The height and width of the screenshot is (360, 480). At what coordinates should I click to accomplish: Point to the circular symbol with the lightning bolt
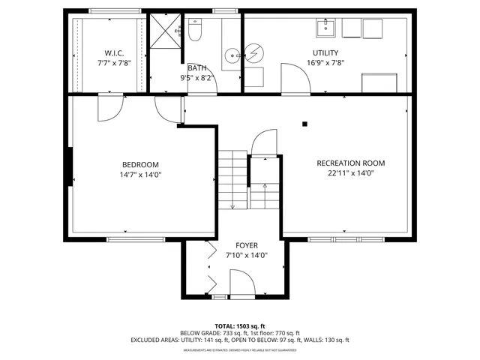pyautogui.click(x=255, y=54)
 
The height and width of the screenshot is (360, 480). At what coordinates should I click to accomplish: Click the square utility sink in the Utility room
pyautogui.click(x=326, y=28)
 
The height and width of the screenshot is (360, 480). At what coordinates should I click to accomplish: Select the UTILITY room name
pyautogui.click(x=325, y=53)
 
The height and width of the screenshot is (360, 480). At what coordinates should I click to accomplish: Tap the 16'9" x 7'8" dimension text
pyautogui.click(x=325, y=63)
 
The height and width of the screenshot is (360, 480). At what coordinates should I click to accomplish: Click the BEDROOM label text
pyautogui.click(x=140, y=165)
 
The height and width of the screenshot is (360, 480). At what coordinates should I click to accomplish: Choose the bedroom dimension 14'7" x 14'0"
pyautogui.click(x=140, y=175)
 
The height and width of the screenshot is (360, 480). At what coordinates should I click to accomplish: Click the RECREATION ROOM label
pyautogui.click(x=350, y=163)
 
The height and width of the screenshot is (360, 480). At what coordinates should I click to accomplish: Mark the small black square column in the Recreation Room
pyautogui.click(x=304, y=124)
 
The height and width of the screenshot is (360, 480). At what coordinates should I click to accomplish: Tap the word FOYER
pyautogui.click(x=247, y=245)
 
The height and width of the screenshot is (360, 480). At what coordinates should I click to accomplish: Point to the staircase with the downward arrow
pyautogui.click(x=232, y=180)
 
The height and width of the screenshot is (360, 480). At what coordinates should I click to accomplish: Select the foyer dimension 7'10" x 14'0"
pyautogui.click(x=247, y=256)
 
